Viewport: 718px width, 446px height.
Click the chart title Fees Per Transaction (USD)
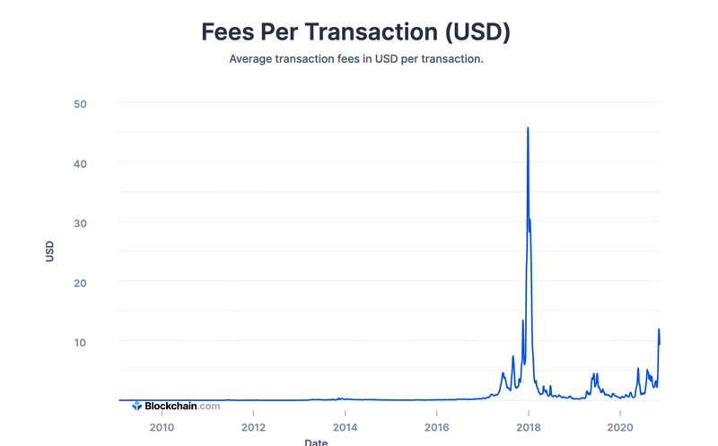pyautogui.click(x=355, y=32)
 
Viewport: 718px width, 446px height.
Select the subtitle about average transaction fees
pyautogui.click(x=356, y=59)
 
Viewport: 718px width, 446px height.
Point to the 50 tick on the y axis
pyautogui.click(x=80, y=104)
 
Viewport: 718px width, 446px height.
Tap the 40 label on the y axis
pyautogui.click(x=80, y=164)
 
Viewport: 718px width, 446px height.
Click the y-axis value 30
pyautogui.click(x=80, y=223)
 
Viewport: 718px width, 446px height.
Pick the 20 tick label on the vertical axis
pyautogui.click(x=80, y=284)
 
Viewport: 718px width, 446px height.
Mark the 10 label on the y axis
pyautogui.click(x=80, y=343)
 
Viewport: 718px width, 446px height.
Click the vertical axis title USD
pyautogui.click(x=49, y=251)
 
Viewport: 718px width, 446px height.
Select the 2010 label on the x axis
pyautogui.click(x=162, y=428)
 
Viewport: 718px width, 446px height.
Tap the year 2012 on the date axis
pyautogui.click(x=253, y=428)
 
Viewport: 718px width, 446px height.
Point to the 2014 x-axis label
pyautogui.click(x=345, y=428)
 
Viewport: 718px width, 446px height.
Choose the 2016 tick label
pyautogui.click(x=436, y=428)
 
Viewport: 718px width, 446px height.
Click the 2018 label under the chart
pyautogui.click(x=529, y=428)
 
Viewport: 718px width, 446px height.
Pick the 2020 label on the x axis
pyautogui.click(x=620, y=428)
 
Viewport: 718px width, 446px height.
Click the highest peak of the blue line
pyautogui.click(x=528, y=127)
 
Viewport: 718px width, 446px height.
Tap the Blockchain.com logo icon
pyautogui.click(x=137, y=406)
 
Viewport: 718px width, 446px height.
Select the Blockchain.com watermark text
pyautogui.click(x=182, y=406)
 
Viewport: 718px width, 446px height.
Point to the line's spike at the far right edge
pyautogui.click(x=659, y=329)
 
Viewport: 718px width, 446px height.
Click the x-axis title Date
pyautogui.click(x=316, y=442)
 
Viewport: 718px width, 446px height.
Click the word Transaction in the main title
pyautogui.click(x=372, y=32)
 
